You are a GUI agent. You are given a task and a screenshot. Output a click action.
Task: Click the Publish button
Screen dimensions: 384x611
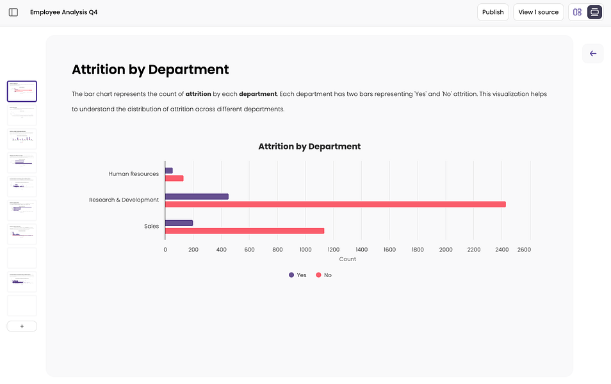493,12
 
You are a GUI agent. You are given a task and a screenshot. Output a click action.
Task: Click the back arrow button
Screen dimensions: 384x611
592,54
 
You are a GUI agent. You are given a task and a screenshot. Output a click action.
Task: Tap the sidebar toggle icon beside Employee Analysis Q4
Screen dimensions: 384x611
13,12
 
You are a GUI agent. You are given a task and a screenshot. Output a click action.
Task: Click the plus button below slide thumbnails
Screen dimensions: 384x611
22,326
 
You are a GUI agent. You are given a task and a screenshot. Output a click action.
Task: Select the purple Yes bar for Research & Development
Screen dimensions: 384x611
197,196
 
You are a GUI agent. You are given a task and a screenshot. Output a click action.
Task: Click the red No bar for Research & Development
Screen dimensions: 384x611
335,204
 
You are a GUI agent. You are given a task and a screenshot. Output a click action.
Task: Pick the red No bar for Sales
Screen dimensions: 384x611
245,230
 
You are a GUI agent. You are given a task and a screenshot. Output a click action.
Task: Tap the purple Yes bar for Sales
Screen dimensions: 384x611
179,223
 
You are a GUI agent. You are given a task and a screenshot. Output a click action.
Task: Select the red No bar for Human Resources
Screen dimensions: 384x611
174,178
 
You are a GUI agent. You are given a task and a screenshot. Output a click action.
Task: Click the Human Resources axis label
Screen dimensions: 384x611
133,173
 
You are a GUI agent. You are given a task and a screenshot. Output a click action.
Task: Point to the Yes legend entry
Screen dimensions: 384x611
297,275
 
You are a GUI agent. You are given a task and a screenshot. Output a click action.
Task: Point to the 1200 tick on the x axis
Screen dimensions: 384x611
333,250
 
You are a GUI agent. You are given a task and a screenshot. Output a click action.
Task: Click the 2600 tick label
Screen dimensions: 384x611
523,250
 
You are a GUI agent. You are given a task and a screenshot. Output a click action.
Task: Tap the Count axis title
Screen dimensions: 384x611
347,259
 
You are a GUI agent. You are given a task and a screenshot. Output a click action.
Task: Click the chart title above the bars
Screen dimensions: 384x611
309,147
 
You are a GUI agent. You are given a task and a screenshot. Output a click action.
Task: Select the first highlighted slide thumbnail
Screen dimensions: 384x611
22,92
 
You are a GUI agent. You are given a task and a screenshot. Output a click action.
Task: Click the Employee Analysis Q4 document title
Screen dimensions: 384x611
64,12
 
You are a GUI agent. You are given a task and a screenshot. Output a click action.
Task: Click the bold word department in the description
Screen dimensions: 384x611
257,94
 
